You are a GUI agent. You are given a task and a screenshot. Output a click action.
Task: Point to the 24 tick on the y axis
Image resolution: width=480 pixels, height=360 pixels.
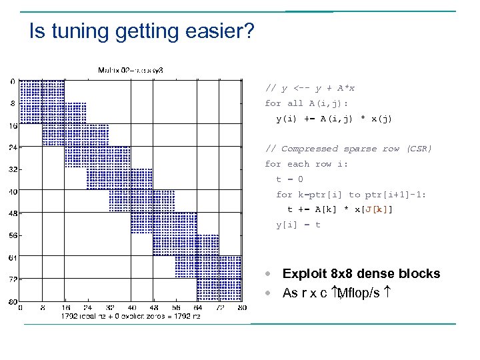click(x=13, y=147)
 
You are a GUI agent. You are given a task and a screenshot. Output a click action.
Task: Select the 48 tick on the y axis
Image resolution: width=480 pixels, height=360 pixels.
click(x=13, y=213)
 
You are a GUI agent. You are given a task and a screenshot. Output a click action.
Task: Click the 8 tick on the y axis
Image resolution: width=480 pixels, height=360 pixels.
click(x=13, y=103)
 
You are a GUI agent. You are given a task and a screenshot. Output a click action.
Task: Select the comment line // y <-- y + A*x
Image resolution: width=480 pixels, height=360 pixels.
click(x=310, y=88)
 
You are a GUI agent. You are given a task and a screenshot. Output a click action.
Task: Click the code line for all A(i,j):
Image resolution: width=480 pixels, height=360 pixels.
click(x=307, y=103)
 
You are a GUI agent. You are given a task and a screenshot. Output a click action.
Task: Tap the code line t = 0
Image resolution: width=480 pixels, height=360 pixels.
click(x=290, y=179)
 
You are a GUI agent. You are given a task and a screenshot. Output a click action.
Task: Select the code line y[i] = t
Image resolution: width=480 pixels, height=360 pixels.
click(x=299, y=225)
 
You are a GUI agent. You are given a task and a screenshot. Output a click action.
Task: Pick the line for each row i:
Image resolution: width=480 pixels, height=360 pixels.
click(x=307, y=164)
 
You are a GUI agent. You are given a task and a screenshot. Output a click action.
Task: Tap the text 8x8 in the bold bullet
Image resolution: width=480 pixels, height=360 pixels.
click(x=340, y=273)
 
